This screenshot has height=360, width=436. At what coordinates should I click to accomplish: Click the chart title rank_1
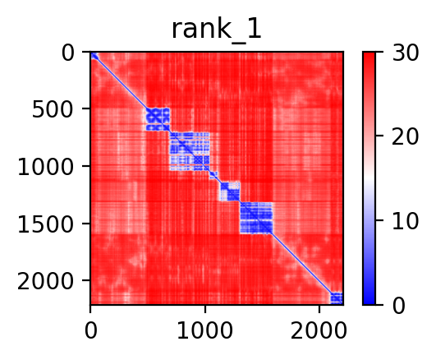(x=216, y=30)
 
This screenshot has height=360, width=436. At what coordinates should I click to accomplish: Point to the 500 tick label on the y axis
(x=53, y=109)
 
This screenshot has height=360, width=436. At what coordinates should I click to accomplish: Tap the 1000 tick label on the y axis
(x=45, y=168)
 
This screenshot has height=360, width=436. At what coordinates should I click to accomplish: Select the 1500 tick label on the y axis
(x=45, y=224)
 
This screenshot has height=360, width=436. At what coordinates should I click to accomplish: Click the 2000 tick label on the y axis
(x=45, y=282)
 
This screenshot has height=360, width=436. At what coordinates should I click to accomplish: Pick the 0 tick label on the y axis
(x=67, y=53)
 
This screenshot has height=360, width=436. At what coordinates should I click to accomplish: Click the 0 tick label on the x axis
(x=90, y=331)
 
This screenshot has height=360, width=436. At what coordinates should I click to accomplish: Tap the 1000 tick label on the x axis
(x=205, y=331)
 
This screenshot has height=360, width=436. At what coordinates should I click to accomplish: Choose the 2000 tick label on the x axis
(x=319, y=331)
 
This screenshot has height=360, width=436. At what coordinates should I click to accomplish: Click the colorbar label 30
(x=406, y=53)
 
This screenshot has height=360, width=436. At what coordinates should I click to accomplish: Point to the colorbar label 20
(x=406, y=136)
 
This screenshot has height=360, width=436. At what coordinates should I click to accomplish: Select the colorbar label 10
(x=406, y=222)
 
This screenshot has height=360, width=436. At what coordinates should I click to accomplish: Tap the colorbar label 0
(x=399, y=306)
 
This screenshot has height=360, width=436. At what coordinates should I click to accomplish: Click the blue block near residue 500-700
(x=158, y=119)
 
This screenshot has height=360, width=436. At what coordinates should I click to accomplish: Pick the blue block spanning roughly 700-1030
(x=190, y=151)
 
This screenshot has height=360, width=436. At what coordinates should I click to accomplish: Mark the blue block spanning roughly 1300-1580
(x=256, y=218)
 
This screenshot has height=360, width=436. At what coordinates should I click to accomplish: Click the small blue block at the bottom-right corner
(x=337, y=298)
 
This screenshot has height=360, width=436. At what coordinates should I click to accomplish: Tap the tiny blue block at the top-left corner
(x=94, y=56)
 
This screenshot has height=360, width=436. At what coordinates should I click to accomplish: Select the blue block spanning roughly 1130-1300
(x=230, y=191)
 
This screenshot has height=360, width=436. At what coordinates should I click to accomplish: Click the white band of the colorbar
(x=369, y=178)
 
